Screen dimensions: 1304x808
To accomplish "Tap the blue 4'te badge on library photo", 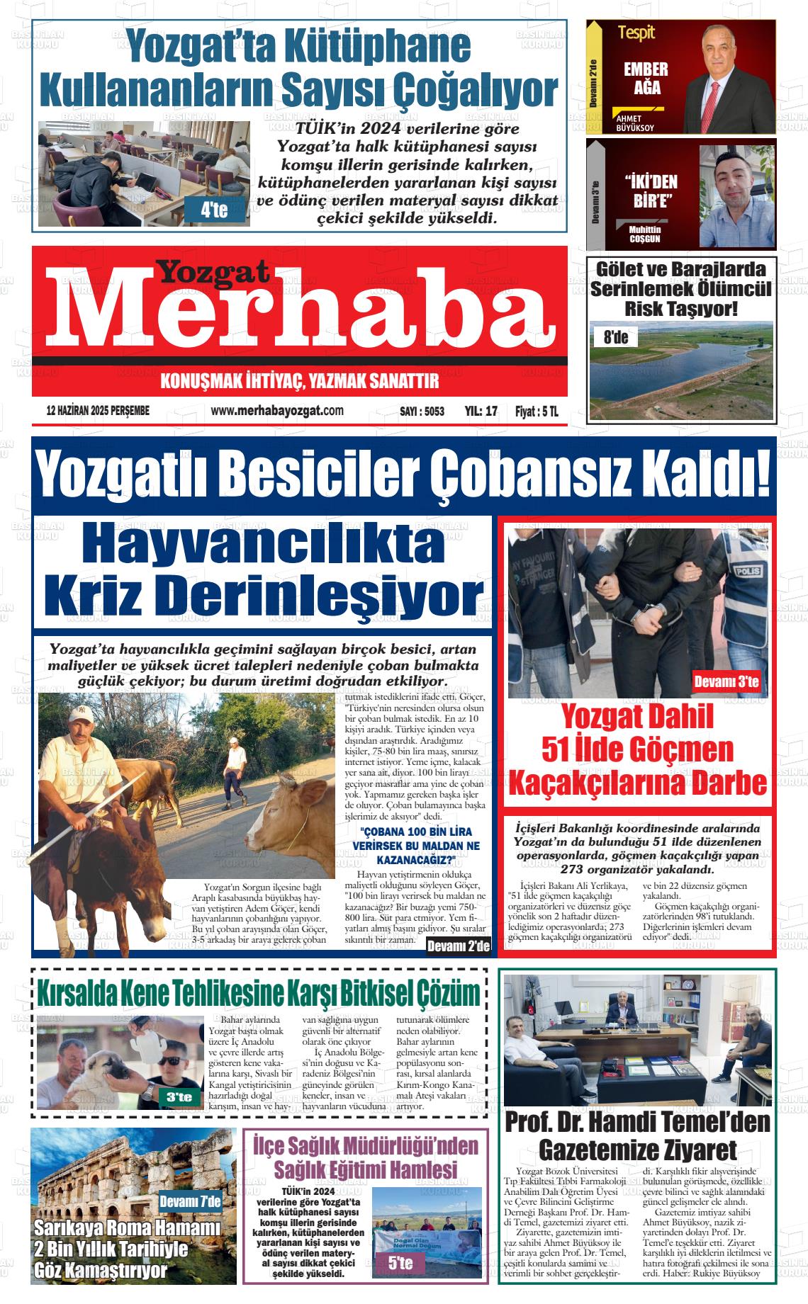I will pos(214,210).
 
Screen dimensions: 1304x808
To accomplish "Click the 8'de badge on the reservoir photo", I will pos(615,337).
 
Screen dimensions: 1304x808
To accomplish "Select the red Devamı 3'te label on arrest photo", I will pos(726,683).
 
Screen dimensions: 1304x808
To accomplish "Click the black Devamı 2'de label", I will pos(459,948).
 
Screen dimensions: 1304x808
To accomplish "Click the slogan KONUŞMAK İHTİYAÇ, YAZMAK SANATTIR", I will pos(300,382).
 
